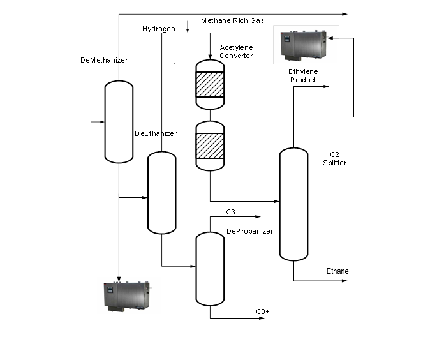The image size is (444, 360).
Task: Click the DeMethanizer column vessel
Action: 119,121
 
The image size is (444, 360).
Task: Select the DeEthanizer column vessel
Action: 161,193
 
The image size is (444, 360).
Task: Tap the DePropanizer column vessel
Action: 209,269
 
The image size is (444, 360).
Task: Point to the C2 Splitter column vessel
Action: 293,204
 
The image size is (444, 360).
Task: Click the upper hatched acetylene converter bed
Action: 210,84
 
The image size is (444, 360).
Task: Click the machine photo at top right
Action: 306,45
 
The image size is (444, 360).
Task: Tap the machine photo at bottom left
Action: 128,295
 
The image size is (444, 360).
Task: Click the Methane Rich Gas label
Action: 232,21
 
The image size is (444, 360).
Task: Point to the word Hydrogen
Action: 158,29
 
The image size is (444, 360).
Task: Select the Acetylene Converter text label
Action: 236,51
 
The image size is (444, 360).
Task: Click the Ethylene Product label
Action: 303,76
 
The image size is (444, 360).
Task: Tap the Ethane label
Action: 337,271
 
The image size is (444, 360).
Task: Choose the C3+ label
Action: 263,311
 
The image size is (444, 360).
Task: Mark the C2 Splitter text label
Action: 337,159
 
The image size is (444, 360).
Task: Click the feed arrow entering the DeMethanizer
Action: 98,121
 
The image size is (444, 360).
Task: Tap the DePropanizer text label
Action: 249,231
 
